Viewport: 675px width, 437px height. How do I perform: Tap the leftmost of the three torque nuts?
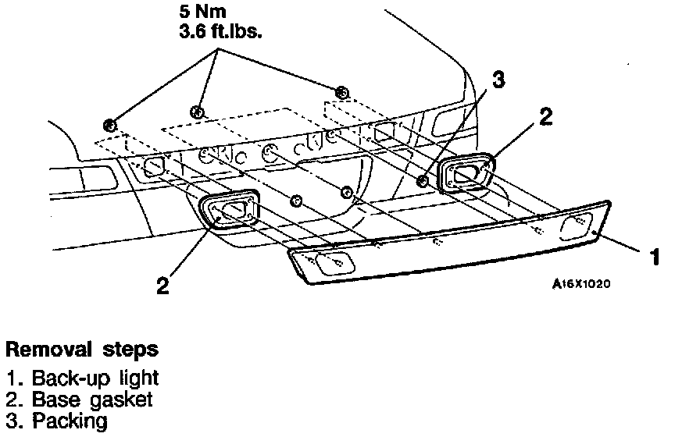(x=110, y=124)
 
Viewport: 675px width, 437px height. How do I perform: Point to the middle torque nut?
(x=197, y=112)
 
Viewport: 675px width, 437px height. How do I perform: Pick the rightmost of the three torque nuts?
(x=341, y=93)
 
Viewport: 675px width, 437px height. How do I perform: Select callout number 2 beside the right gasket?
(x=545, y=117)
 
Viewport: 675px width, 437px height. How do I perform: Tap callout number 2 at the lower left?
(x=162, y=286)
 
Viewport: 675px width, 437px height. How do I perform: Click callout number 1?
(x=655, y=255)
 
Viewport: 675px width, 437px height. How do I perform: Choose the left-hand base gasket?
(x=230, y=210)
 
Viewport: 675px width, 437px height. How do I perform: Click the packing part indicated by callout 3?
(x=423, y=181)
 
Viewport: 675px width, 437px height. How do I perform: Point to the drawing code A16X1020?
(x=581, y=284)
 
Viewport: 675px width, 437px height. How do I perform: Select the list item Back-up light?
(x=84, y=378)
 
